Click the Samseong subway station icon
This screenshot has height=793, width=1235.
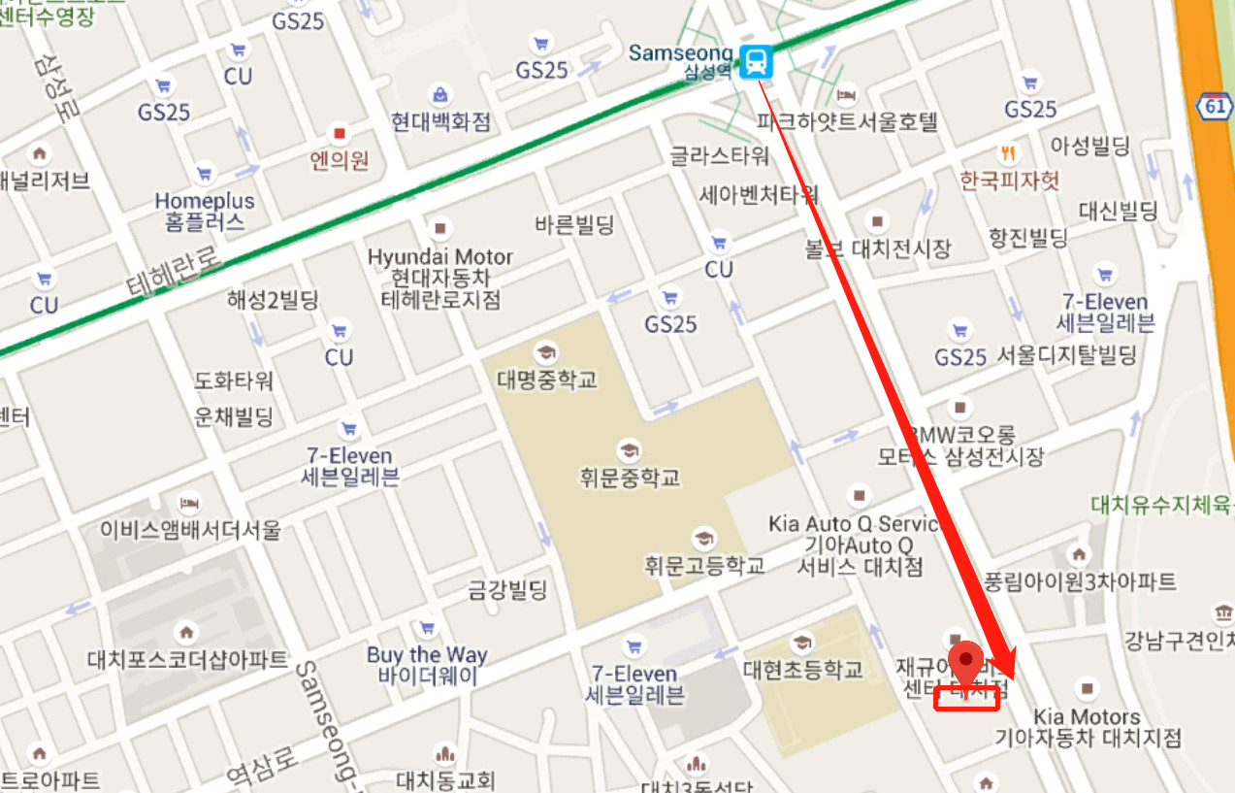tap(757, 61)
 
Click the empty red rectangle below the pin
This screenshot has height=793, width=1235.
tap(966, 699)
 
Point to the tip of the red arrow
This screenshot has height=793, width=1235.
tap(1009, 677)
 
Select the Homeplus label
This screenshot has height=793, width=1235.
tap(205, 201)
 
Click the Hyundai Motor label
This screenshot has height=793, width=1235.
tap(440, 257)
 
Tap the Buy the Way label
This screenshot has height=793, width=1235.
tap(427, 654)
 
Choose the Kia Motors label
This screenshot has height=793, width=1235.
tap(1087, 717)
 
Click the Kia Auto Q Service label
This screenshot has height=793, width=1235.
tap(855, 524)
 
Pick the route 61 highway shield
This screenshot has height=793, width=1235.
tap(1216, 106)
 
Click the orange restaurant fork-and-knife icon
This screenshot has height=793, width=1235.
tap(1009, 153)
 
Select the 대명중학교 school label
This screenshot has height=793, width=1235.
tap(547, 379)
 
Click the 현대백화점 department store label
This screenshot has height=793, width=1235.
tap(440, 121)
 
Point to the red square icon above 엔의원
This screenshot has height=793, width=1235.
tap(339, 132)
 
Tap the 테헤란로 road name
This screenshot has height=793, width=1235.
tap(175, 269)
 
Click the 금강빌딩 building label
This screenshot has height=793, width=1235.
tap(507, 589)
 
